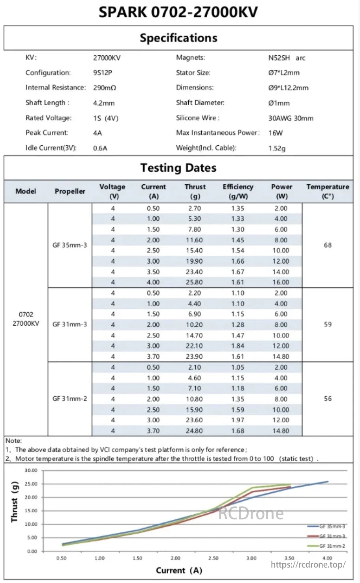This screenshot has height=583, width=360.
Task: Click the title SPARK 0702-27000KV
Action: coord(178,12)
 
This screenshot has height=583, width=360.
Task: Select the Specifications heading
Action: coord(178,38)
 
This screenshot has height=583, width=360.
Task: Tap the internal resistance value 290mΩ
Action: coord(105,88)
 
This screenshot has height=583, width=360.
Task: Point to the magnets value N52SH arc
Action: coord(287,58)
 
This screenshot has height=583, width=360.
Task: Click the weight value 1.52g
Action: coord(277,148)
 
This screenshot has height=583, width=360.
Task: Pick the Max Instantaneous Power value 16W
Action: coord(276,133)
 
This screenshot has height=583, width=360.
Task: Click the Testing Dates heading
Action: coord(178,168)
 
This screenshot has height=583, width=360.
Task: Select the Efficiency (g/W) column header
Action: coord(238,191)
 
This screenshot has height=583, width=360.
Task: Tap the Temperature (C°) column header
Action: coord(328,191)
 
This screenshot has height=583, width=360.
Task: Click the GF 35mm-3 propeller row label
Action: coord(70,245)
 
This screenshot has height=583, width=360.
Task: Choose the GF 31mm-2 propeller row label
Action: coord(70,399)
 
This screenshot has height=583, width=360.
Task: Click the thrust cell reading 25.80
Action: coord(194,282)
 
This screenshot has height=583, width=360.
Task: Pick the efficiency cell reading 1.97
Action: coord(238,420)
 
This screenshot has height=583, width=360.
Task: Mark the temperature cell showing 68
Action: coord(328,245)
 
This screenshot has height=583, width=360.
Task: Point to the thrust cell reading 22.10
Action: coord(194,346)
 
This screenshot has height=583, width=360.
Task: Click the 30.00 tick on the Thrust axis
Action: coord(31,471)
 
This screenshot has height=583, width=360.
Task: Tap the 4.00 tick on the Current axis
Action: coord(327,558)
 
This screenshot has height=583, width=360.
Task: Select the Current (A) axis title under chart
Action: coord(179,570)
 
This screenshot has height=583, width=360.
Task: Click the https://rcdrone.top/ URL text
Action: coord(308,564)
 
